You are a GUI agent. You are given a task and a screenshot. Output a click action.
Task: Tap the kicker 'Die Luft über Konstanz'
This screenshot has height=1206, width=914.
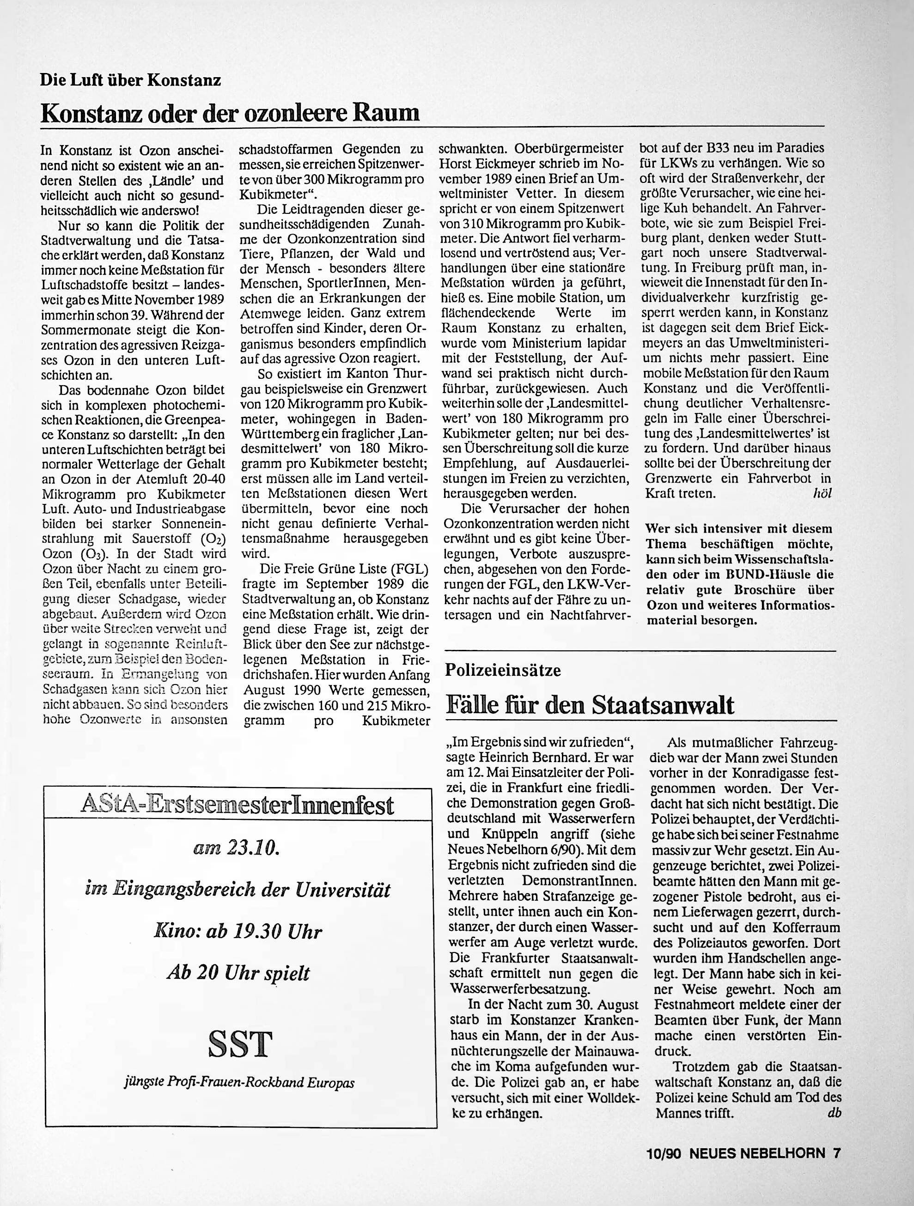[130, 81]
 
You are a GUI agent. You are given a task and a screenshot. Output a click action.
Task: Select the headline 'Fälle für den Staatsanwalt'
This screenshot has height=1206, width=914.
[590, 705]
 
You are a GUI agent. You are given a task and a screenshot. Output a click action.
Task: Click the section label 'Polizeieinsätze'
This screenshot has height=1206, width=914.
[503, 670]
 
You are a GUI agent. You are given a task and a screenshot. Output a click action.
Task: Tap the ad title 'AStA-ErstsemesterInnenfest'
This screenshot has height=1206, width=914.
[237, 805]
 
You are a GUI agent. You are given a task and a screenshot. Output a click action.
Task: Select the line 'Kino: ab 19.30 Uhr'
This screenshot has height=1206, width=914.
[238, 932]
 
